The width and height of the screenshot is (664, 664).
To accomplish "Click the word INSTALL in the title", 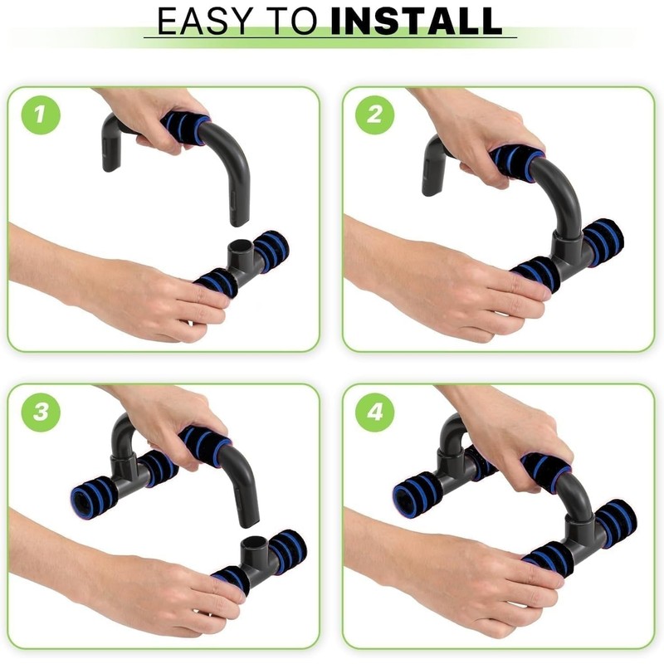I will pos(416,22).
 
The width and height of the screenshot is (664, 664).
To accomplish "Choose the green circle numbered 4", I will pos(374,413).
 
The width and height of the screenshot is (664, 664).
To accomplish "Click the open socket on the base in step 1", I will pos(238,248).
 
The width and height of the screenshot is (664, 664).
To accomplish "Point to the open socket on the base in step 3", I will pos(252,544).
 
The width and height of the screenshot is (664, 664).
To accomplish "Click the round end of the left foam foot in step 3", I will pos(84,500).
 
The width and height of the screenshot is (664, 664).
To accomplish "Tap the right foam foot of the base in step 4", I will pos(616,521).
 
